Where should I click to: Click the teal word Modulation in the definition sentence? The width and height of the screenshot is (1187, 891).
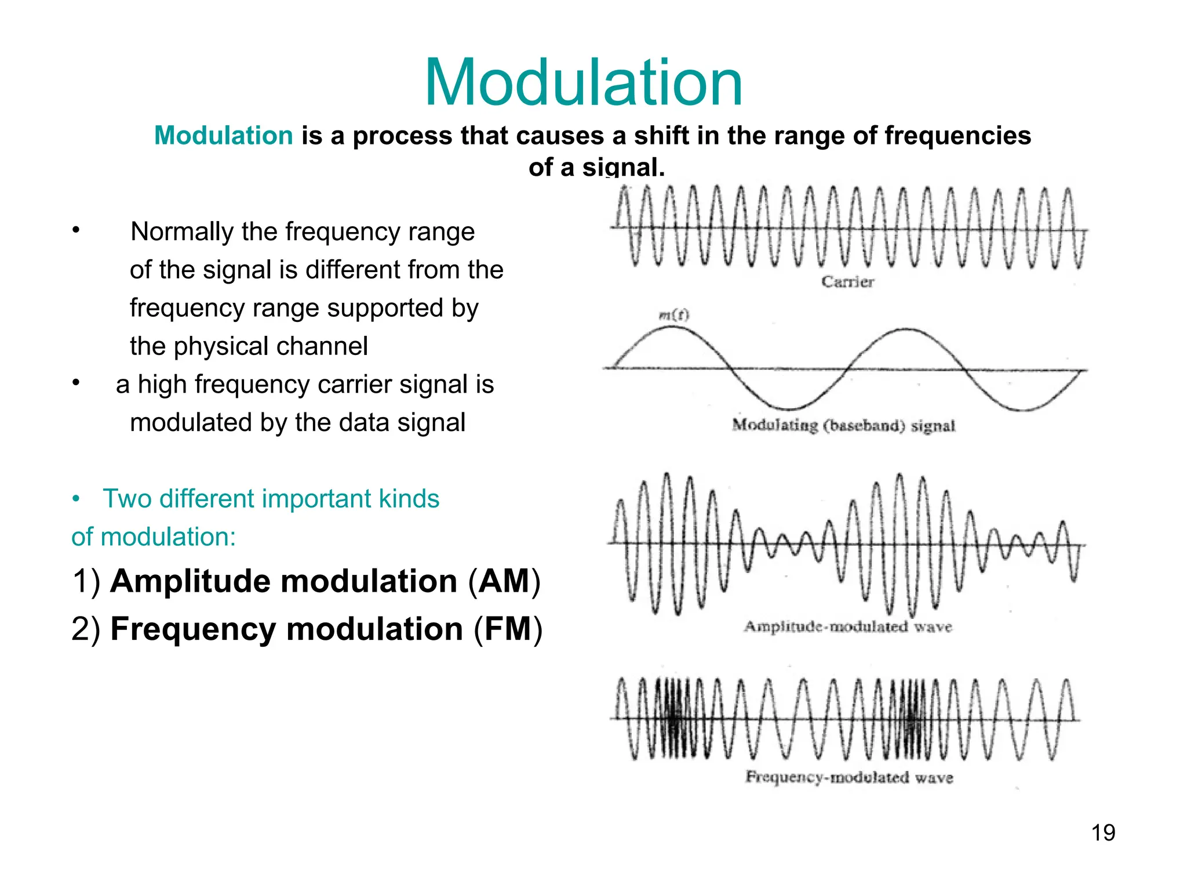pos(224,136)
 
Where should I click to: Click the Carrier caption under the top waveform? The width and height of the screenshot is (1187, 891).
pos(847,282)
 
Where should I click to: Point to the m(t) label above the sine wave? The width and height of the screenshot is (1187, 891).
pos(674,315)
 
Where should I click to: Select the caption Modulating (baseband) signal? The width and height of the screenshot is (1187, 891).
pos(843,425)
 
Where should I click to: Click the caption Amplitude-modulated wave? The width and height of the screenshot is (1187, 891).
pos(848,626)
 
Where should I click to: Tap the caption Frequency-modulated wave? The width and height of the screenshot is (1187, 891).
pos(849,777)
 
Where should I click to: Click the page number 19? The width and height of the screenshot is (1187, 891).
pos(1103,832)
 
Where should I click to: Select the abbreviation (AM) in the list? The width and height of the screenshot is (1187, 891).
pos(504,581)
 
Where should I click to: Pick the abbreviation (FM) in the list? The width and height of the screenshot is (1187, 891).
pos(508,629)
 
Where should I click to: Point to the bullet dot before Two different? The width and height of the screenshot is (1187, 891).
pos(76,499)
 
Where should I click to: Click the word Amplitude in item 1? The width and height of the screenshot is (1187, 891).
pos(190,581)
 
